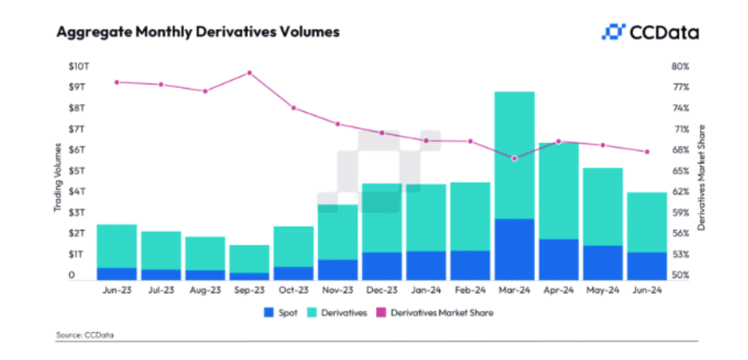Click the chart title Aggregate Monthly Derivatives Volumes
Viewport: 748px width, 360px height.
[x=198, y=32]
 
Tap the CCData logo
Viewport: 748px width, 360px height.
[x=650, y=32]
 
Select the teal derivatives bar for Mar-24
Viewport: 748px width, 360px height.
[x=514, y=155]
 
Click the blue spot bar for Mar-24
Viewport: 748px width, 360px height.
[x=514, y=249]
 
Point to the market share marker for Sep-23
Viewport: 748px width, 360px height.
[x=249, y=73]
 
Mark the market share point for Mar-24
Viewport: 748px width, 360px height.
[x=514, y=159]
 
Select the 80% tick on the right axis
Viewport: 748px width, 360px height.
[x=680, y=66]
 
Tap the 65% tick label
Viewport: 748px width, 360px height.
[x=680, y=171]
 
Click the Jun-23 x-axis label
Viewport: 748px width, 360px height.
[x=117, y=291]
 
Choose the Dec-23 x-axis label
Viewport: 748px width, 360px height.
[x=382, y=291]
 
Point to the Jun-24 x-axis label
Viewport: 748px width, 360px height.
[x=647, y=291]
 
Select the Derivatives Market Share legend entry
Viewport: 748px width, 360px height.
[x=436, y=313]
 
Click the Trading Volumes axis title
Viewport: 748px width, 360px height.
[x=58, y=177]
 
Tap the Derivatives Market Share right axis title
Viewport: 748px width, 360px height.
[x=702, y=177]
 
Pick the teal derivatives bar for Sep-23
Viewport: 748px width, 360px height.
[x=249, y=259]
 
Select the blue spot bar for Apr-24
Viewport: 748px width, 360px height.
[x=558, y=259]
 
